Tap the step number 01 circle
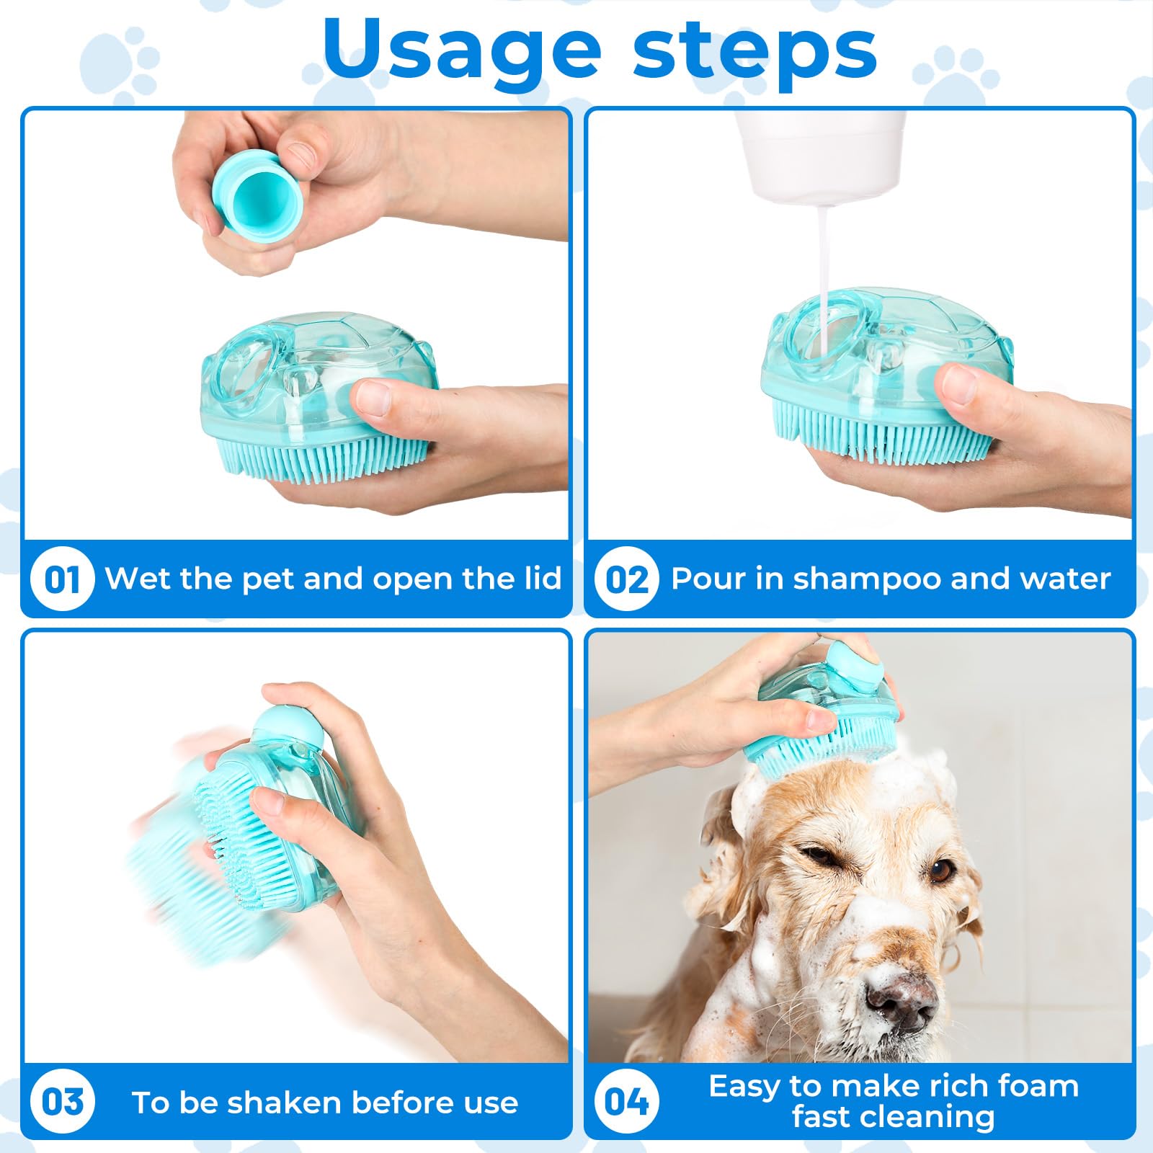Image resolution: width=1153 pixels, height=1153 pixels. coord(63,579)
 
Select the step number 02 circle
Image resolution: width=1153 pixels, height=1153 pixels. coord(626,579)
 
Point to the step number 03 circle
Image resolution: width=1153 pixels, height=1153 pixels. coord(63,1103)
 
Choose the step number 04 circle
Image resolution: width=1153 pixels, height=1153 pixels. coord(626,1103)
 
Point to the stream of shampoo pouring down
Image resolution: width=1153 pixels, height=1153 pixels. coord(822,281)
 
